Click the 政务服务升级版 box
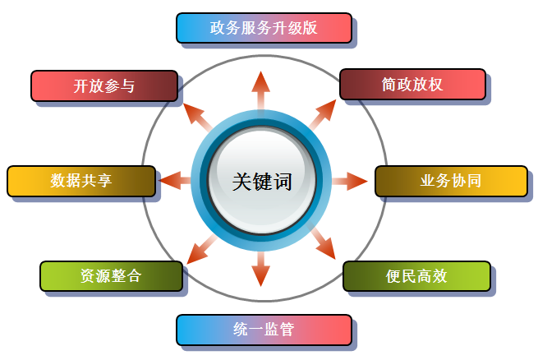[x=264, y=28]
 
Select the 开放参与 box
[x=103, y=85]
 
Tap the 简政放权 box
[x=415, y=85]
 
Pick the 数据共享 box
[x=80, y=181]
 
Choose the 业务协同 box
[x=449, y=181]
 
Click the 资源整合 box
[x=111, y=276]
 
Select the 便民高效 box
[x=416, y=276]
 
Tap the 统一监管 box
[x=264, y=330]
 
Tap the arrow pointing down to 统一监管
[x=261, y=270]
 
